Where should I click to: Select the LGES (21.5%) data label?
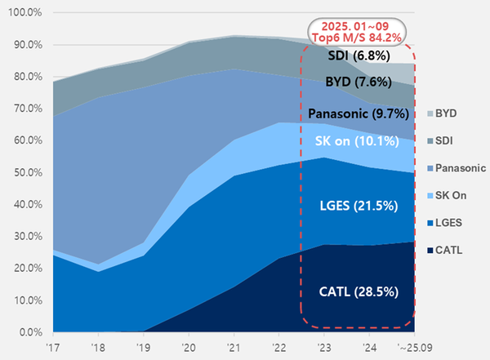click(x=357, y=206)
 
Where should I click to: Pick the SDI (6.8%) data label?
click(x=357, y=56)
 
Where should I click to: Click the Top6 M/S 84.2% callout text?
click(x=359, y=36)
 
